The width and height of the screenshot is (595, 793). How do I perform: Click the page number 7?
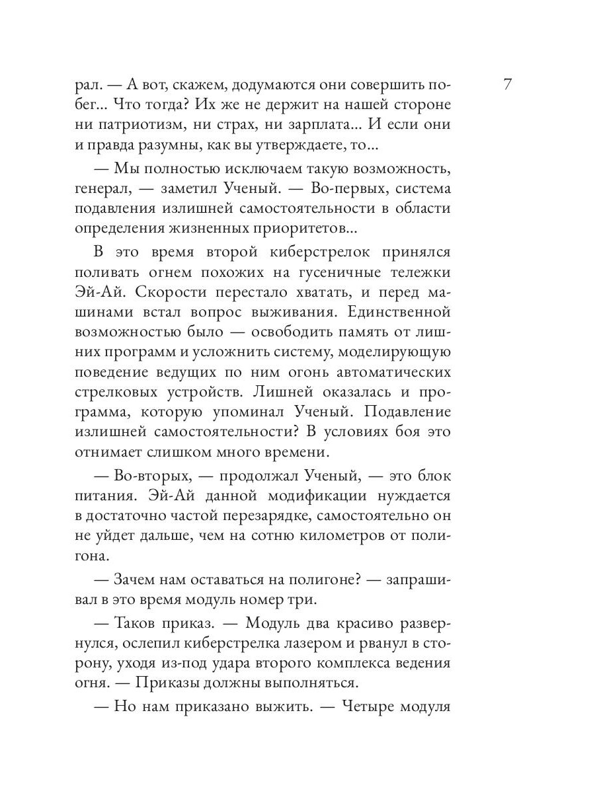[507, 85]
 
